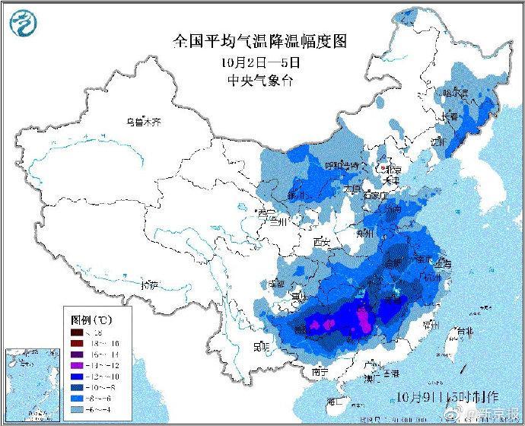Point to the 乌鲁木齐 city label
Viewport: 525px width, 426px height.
coord(145,121)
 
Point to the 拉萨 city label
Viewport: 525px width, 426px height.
coord(150,285)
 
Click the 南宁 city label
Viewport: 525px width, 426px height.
coord(320,371)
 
